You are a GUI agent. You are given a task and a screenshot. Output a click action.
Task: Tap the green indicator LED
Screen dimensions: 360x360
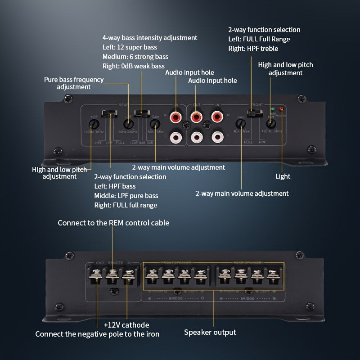click(272, 109)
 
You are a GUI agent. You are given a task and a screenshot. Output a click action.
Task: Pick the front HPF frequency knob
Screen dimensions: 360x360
click(271, 123)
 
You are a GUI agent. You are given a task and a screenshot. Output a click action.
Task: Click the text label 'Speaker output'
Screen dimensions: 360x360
click(210, 333)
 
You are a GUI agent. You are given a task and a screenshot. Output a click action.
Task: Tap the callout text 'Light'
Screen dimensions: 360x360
click(283, 177)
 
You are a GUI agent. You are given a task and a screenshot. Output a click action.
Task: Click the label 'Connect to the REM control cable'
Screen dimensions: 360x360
click(113, 223)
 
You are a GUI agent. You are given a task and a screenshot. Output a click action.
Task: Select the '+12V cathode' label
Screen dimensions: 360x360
click(126, 324)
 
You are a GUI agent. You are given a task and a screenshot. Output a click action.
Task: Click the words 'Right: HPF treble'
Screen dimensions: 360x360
click(253, 49)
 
